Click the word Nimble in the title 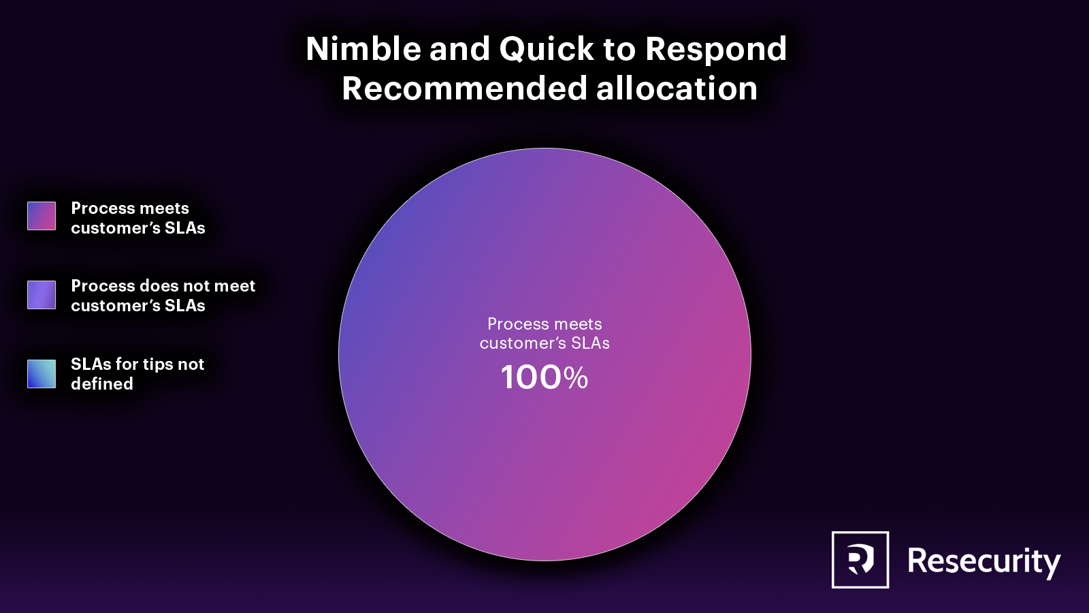363,48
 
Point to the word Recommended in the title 464,88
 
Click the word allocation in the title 677,88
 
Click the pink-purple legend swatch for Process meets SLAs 42,215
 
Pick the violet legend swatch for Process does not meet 42,294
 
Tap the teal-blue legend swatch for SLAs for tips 42,374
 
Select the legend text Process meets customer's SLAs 138,218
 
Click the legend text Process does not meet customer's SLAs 163,296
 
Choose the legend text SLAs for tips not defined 137,374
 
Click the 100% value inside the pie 544,377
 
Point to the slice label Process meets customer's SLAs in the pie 544,333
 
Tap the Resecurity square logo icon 860,559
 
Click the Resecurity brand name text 984,561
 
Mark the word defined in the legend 102,384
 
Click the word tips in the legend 154,365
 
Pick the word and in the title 460,48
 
